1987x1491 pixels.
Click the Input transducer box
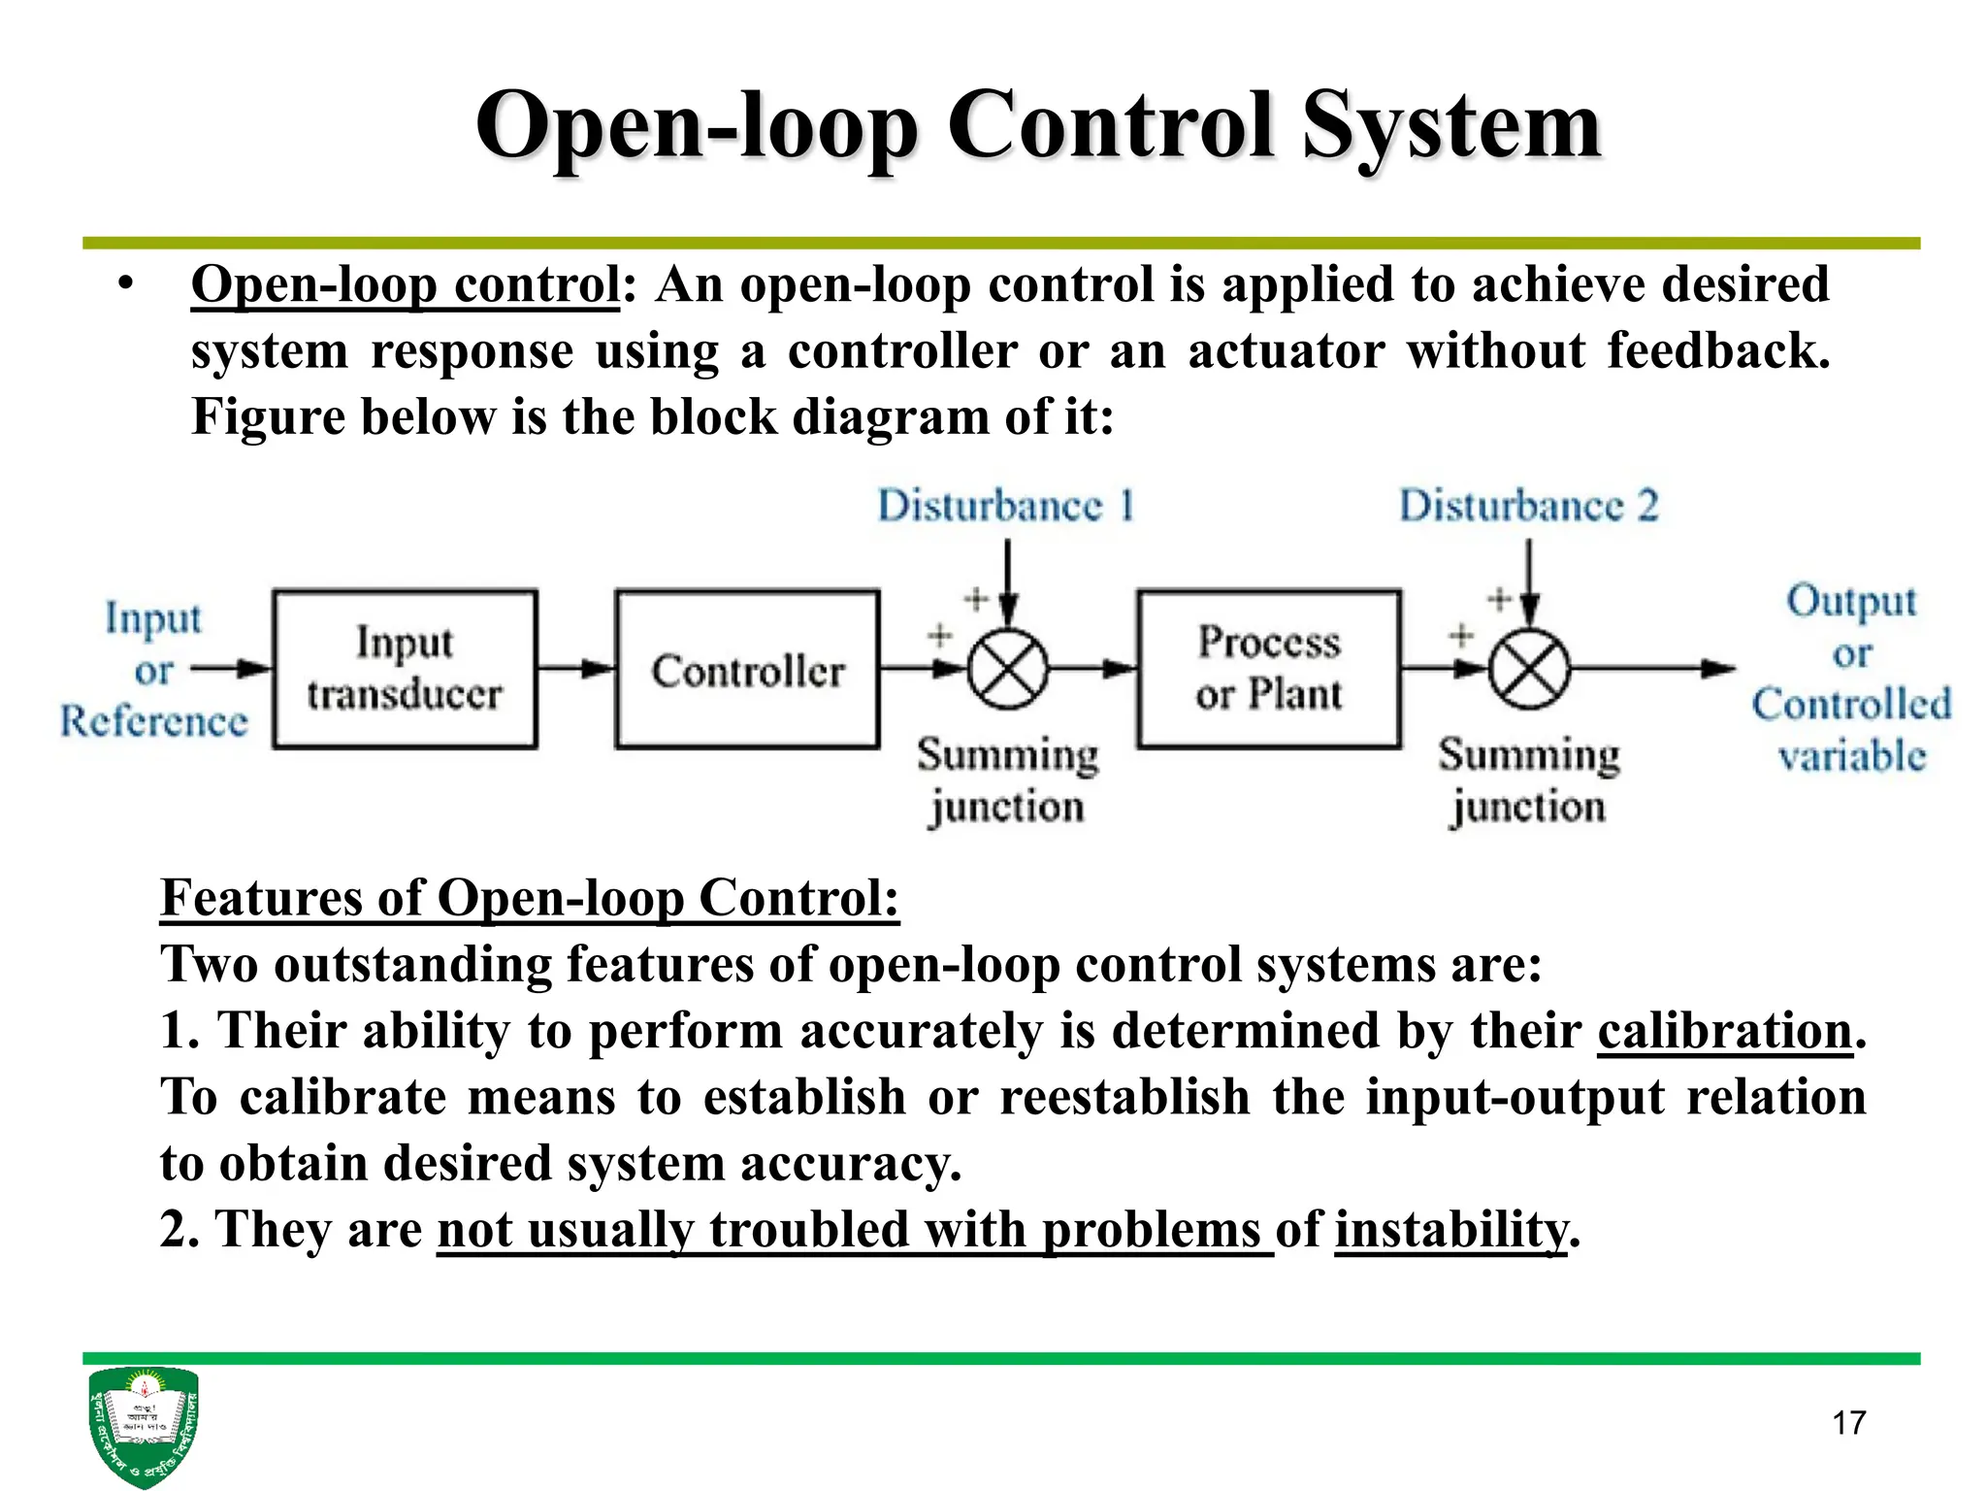(x=405, y=669)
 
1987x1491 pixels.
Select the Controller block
(x=747, y=669)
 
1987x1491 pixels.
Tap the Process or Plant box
(x=1269, y=669)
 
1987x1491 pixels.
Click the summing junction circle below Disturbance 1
(x=1008, y=669)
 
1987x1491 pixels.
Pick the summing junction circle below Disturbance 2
(x=1529, y=669)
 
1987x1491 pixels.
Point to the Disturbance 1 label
(x=1006, y=506)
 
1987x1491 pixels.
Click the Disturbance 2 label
(x=1528, y=506)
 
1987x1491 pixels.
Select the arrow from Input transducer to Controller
(x=576, y=668)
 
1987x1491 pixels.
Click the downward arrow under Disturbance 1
(x=1008, y=582)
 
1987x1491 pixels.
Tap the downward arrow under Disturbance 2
(x=1529, y=582)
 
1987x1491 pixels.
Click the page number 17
(x=1848, y=1423)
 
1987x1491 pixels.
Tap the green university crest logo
(x=144, y=1425)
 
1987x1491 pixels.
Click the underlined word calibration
(x=1725, y=1030)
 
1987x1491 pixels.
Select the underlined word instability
(x=1450, y=1229)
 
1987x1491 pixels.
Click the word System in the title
(x=1450, y=126)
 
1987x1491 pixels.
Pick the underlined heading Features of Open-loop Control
(x=530, y=898)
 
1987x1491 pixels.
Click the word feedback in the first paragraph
(x=1717, y=350)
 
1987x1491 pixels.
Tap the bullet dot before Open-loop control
(x=124, y=284)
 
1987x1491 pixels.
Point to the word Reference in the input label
(x=154, y=721)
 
